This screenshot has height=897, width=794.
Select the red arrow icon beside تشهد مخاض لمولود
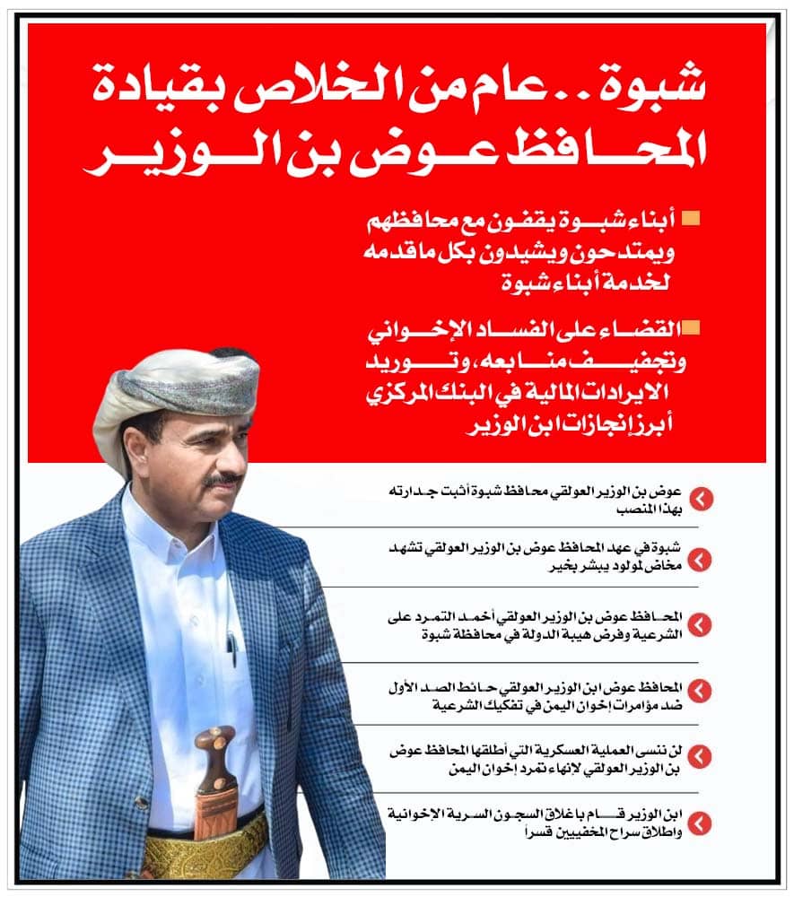(x=701, y=560)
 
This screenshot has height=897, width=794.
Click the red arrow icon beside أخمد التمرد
(x=701, y=624)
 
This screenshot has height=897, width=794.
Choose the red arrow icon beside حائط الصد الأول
(x=701, y=690)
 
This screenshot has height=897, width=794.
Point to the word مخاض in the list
(x=665, y=567)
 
